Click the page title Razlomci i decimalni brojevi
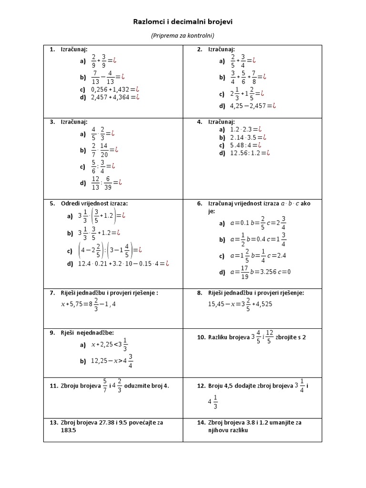tap(183, 22)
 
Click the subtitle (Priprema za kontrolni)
tap(183, 35)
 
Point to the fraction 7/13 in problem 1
tap(95, 76)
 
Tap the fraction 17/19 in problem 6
tap(245, 272)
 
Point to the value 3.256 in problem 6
tap(269, 272)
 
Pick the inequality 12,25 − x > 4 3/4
tap(112, 361)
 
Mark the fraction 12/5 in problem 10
tap(269, 337)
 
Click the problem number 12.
tap(201, 386)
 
